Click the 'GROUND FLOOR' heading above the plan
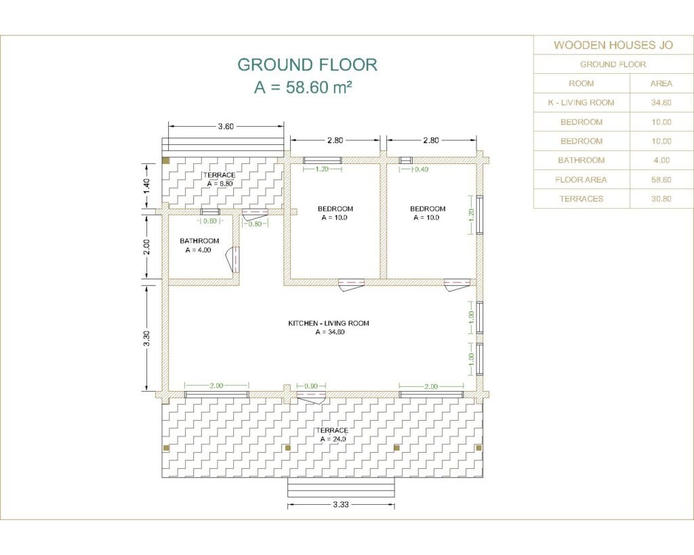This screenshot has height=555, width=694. pyautogui.click(x=307, y=64)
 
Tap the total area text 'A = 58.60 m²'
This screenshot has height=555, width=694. pyautogui.click(x=303, y=87)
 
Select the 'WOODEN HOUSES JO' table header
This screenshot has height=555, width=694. pyautogui.click(x=613, y=45)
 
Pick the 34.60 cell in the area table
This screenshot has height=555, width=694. pyautogui.click(x=661, y=103)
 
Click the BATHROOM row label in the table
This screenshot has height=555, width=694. pyautogui.click(x=581, y=160)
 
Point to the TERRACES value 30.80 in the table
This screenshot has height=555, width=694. pyautogui.click(x=661, y=199)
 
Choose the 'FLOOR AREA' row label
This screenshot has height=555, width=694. pyautogui.click(x=581, y=180)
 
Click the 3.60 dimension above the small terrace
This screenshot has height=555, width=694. pyautogui.click(x=226, y=127)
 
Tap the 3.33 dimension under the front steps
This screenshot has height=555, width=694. pyautogui.click(x=341, y=504)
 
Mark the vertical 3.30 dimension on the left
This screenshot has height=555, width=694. pyautogui.click(x=147, y=338)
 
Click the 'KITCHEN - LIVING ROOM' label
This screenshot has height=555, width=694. pyautogui.click(x=329, y=323)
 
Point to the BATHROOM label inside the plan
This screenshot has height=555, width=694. pyautogui.click(x=199, y=241)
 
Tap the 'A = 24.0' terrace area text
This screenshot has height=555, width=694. pyautogui.click(x=333, y=439)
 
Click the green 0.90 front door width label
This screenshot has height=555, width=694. pyautogui.click(x=310, y=386)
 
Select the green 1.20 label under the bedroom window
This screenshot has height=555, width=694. pyautogui.click(x=322, y=169)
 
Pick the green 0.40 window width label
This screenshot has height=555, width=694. pyautogui.click(x=422, y=169)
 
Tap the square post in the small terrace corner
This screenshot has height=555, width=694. pyautogui.click(x=166, y=161)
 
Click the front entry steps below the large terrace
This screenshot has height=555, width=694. pyautogui.click(x=341, y=487)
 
